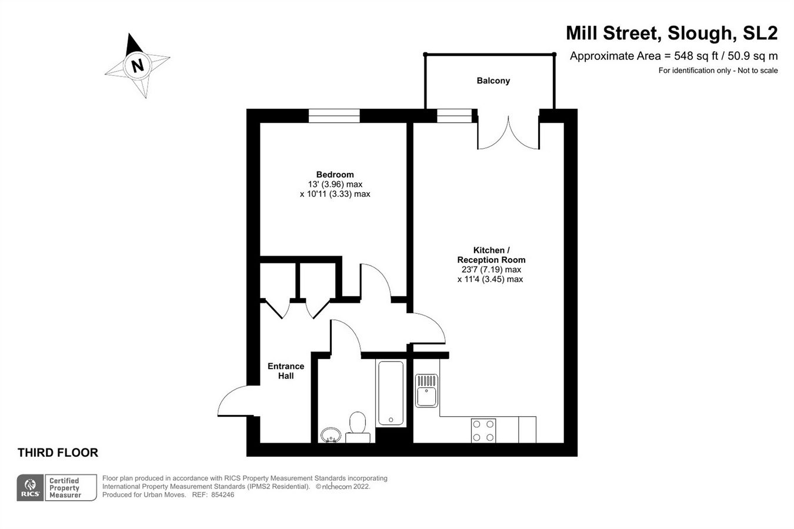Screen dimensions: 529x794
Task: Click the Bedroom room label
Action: (335, 174)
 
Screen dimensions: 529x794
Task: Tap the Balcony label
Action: (493, 81)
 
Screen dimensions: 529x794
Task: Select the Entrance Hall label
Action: (286, 371)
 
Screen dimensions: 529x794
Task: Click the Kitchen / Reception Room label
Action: (491, 255)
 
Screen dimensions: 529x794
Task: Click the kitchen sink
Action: (427, 391)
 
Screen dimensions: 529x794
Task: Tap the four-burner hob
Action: (483, 430)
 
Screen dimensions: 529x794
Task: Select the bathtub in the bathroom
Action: (391, 393)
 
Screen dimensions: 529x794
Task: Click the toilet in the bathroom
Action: (357, 427)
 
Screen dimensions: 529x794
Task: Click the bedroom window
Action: (334, 116)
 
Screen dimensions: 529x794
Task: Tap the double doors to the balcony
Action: (508, 132)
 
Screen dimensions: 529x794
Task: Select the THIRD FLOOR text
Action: (58, 453)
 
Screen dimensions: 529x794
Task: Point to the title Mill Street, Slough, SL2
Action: (671, 33)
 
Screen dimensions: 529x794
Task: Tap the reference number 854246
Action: (222, 495)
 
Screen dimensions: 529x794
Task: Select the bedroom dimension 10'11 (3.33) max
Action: (335, 194)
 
